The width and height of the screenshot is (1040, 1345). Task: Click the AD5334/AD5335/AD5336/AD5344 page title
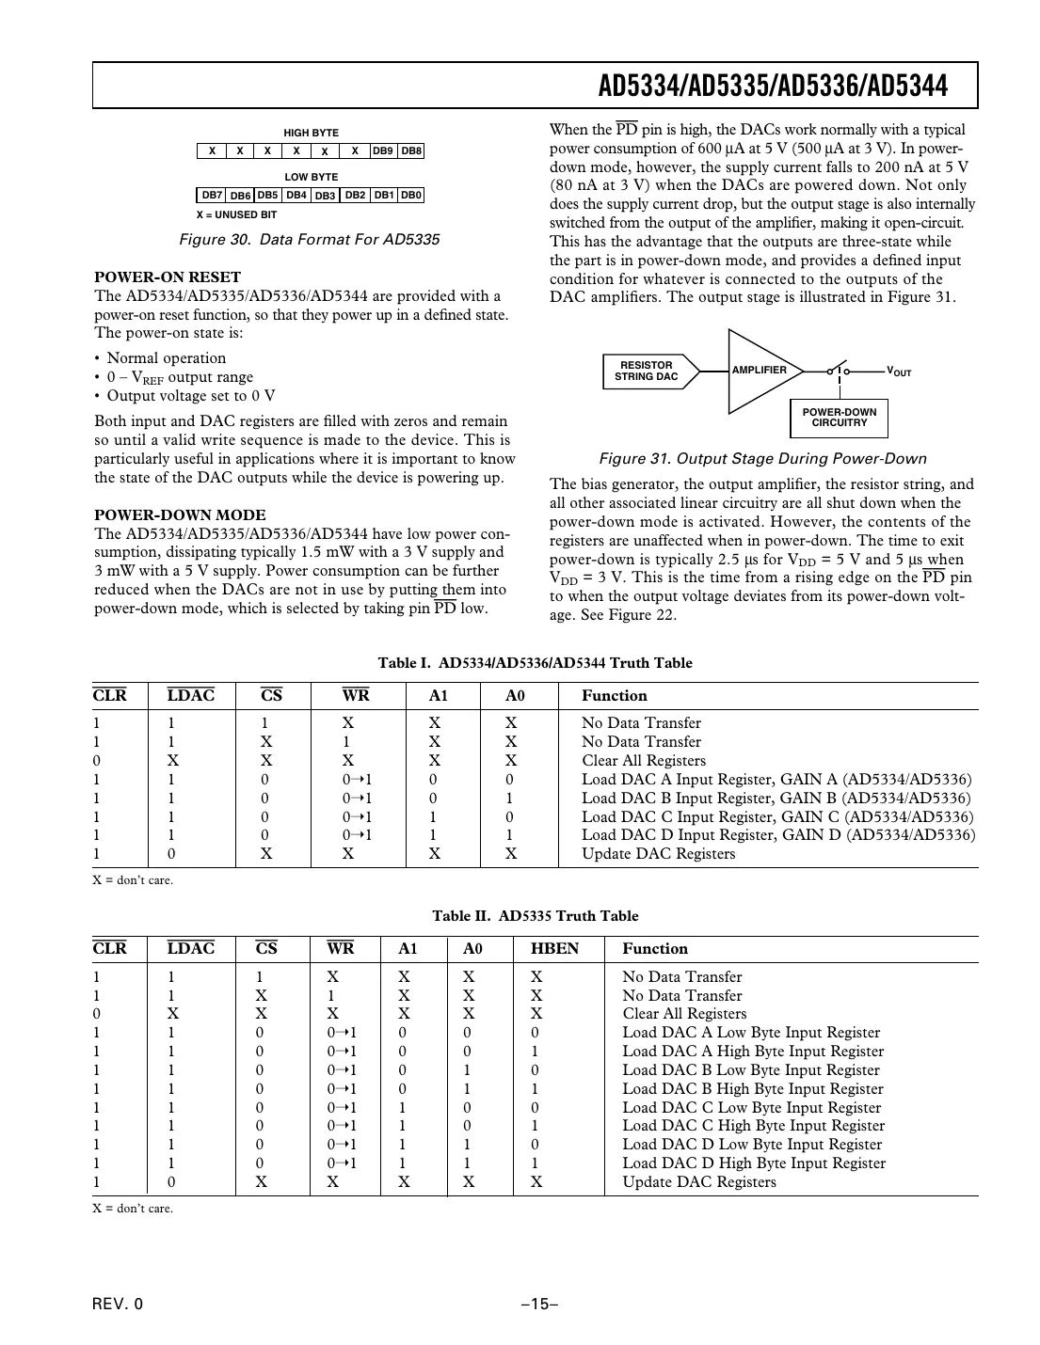773,87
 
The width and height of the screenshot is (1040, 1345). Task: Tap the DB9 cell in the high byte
382,150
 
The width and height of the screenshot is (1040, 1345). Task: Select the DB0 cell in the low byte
411,195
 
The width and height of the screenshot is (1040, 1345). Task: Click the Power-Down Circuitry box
839,418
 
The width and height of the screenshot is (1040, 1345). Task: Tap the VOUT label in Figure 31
899,372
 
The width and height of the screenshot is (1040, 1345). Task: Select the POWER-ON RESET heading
168,277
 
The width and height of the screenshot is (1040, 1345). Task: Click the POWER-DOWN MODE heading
180,514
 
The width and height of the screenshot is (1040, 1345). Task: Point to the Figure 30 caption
309,239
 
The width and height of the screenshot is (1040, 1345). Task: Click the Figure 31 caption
762,459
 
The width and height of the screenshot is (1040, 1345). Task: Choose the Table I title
535,663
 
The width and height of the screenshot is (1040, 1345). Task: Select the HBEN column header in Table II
554,948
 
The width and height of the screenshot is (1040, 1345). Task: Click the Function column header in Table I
614,696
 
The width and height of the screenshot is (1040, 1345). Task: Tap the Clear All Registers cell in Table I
643,761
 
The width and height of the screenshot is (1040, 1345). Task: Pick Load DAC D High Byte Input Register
754,1163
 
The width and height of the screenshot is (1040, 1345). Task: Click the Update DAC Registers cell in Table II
699,1182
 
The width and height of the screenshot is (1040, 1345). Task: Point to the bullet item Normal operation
166,358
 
